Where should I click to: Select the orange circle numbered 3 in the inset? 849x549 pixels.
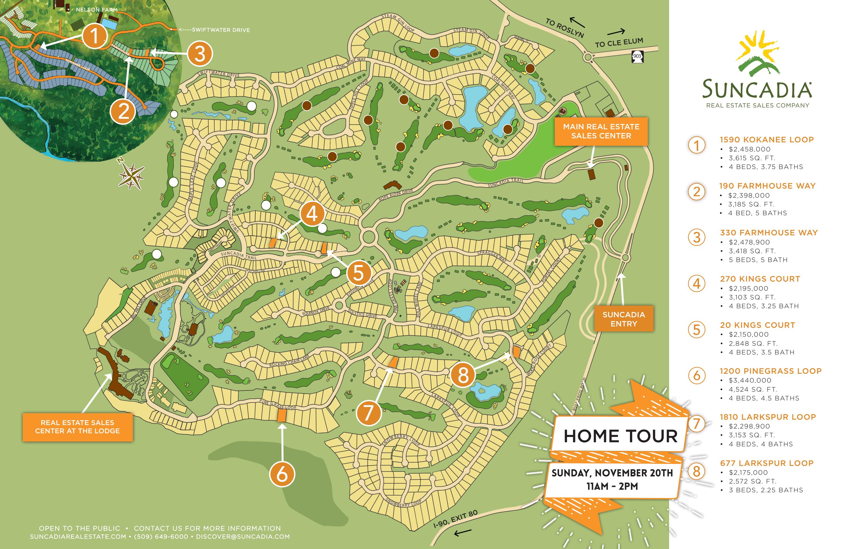point(200,54)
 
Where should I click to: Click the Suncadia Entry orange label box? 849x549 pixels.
point(623,319)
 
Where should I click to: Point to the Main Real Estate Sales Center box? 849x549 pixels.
point(601,131)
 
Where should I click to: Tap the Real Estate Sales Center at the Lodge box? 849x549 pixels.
point(77,427)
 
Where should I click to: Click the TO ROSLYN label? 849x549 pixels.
point(564,28)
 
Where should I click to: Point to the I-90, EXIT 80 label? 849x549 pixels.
point(455,519)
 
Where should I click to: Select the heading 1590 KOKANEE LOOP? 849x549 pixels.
point(766,140)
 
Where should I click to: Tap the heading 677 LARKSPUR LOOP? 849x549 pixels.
point(766,463)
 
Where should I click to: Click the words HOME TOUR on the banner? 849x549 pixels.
point(620,436)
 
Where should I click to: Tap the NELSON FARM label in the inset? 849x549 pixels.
point(96,10)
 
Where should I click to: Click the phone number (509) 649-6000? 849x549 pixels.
point(161,537)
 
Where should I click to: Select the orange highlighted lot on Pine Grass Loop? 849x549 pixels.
point(282,415)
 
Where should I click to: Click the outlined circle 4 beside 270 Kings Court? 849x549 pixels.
point(696,284)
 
